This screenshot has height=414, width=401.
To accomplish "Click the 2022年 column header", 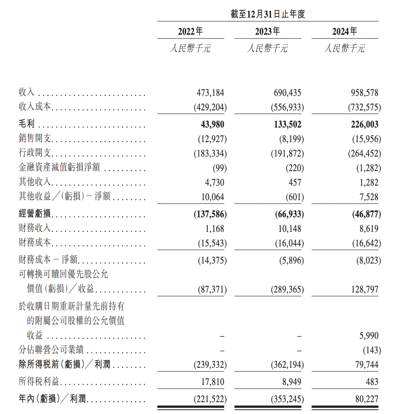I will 190,31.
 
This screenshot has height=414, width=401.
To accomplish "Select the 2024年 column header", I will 344,31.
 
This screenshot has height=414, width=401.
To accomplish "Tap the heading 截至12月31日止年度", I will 267,15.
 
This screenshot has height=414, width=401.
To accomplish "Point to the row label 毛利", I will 26,125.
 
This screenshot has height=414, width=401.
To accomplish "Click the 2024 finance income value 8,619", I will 369,229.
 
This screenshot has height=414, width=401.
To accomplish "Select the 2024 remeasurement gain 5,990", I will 369,336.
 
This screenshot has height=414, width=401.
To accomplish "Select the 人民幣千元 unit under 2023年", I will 267,49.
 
